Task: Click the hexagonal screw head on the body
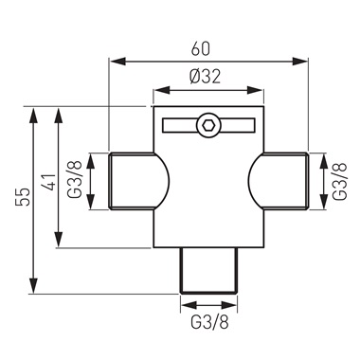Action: (206, 125)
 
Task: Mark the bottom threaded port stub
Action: (206, 269)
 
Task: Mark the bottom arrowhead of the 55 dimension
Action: (35, 289)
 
